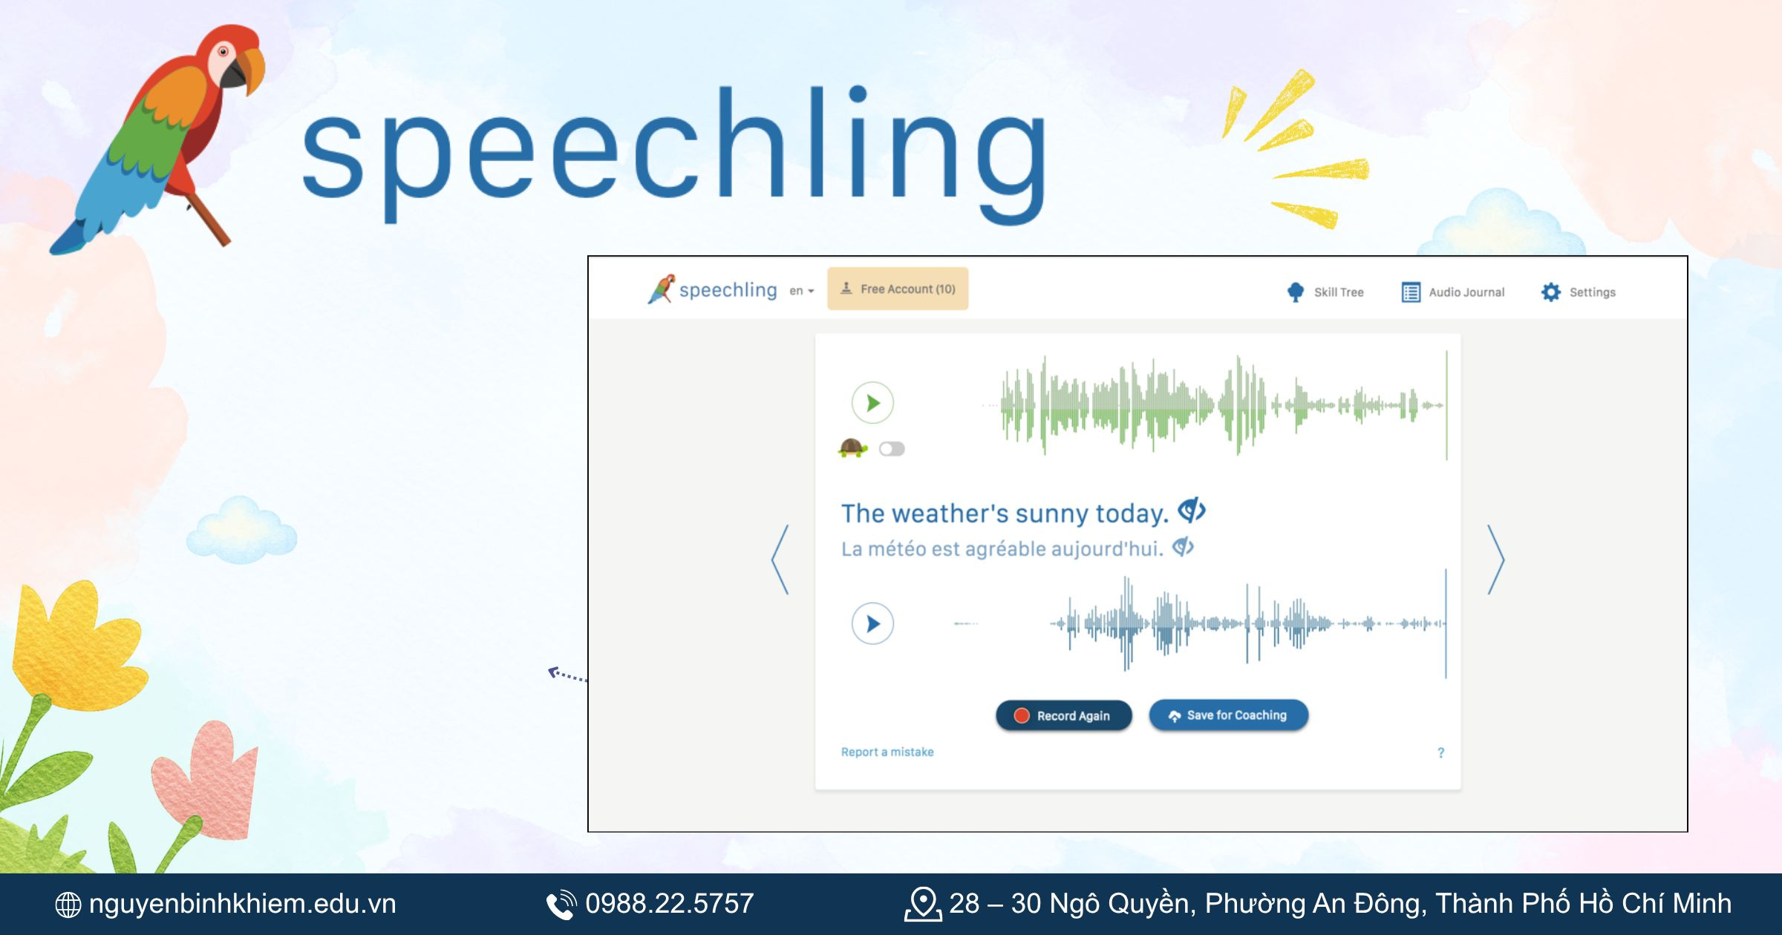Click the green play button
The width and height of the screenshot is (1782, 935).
(872, 403)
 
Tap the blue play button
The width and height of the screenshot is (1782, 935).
(872, 623)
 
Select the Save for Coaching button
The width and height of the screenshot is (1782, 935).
(1228, 715)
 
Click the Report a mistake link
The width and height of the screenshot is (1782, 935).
(887, 752)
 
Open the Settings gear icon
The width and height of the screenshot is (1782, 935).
(1551, 292)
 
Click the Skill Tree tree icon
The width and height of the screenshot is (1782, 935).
(1296, 292)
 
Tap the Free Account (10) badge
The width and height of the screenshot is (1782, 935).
(898, 289)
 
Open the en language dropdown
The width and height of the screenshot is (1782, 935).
(801, 291)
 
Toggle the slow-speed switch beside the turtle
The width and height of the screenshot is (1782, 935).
(892, 449)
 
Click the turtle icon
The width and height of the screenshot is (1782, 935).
(852, 448)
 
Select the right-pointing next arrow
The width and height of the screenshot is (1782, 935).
(1496, 560)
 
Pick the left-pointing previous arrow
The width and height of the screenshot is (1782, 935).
(780, 560)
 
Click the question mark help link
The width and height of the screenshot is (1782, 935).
(1440, 752)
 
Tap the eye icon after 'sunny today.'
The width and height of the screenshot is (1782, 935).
(1192, 511)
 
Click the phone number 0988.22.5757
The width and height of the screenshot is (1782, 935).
(669, 904)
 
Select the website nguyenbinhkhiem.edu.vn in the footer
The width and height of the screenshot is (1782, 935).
(242, 904)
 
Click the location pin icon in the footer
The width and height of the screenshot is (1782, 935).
(923, 904)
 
